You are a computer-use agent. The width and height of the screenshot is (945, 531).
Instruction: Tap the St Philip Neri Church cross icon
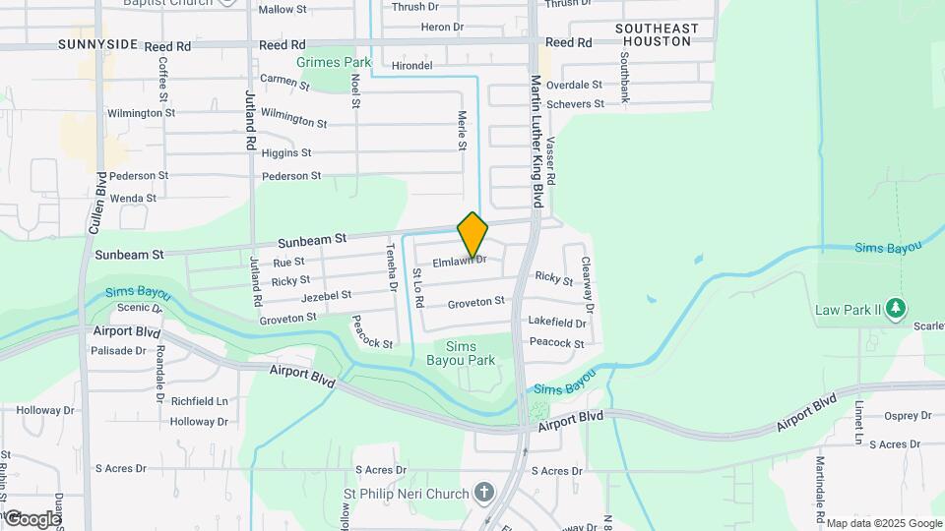[483, 491]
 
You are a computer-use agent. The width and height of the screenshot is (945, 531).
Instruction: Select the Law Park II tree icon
[895, 310]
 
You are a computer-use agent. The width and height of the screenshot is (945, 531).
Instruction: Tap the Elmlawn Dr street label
[460, 261]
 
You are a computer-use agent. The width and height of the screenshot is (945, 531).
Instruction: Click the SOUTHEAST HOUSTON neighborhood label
[657, 36]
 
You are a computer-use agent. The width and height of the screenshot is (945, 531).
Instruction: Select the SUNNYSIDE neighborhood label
[96, 45]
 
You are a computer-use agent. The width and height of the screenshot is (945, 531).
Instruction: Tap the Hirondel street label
[412, 66]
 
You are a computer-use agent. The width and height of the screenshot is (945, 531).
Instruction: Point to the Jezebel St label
[326, 295]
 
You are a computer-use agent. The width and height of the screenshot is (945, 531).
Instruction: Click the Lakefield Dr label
[556, 322]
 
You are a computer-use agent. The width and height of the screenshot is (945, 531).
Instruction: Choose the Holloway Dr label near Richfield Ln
[199, 422]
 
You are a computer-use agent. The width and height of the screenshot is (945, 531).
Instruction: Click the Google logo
[32, 518]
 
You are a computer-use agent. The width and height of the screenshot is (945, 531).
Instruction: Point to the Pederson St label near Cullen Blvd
[139, 175]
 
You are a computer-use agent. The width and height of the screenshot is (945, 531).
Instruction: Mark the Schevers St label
[575, 104]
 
